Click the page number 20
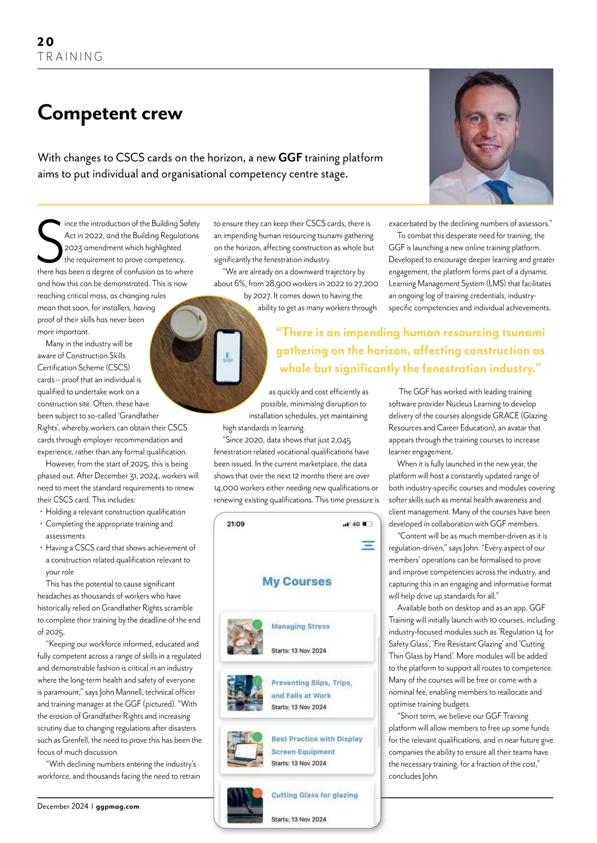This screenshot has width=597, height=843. pos(46,42)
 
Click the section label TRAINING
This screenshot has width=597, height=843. pos(70,57)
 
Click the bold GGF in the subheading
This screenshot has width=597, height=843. pos(290,158)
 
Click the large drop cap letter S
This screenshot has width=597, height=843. pos(50,242)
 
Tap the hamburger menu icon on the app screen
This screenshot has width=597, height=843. pos(368,545)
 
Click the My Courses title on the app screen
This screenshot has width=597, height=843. pos(297,581)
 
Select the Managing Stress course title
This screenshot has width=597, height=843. pos(300,627)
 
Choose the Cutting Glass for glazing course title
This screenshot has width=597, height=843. pos(314,795)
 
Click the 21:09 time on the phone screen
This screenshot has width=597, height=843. pos(236,524)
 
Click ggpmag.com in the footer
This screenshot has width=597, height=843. pos(117,807)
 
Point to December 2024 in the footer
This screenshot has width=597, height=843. pos(63,807)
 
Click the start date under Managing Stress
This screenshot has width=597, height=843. pos(298,651)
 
